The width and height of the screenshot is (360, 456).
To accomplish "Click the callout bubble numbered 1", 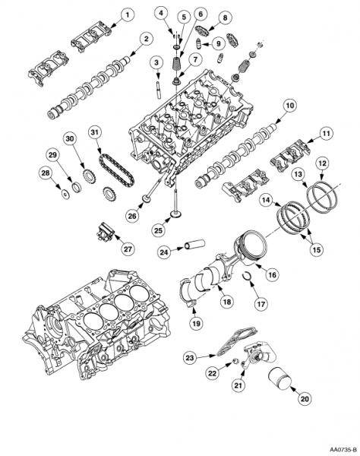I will point(127,14).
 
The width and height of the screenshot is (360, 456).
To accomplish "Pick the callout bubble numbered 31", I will point(93,131).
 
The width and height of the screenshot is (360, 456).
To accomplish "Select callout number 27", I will point(127,248).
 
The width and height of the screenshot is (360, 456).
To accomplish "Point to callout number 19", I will point(197,322).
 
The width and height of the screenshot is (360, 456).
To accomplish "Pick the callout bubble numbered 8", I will point(226,17).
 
